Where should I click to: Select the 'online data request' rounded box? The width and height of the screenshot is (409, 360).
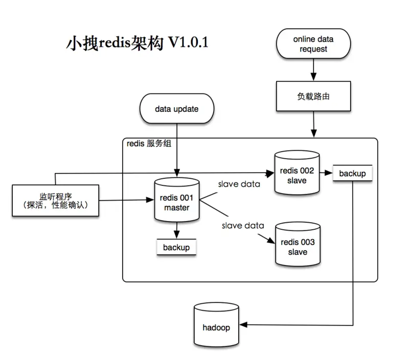pyautogui.click(x=314, y=44)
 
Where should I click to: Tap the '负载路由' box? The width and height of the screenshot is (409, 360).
pyautogui.click(x=314, y=95)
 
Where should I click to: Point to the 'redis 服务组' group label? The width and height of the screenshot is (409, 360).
pyautogui.click(x=149, y=144)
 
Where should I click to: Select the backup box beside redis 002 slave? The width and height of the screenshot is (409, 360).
pyautogui.click(x=352, y=174)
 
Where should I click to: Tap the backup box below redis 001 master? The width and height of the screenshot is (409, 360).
pyautogui.click(x=176, y=247)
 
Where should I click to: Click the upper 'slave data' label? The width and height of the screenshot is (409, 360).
pyautogui.click(x=239, y=184)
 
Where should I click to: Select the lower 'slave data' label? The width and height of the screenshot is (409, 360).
pyautogui.click(x=243, y=225)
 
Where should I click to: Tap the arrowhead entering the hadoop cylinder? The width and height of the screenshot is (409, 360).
pyautogui.click(x=244, y=325)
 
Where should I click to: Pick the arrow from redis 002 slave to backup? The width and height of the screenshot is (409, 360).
pyautogui.click(x=326, y=173)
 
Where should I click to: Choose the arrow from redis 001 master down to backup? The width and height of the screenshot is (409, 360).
pyautogui.click(x=176, y=231)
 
